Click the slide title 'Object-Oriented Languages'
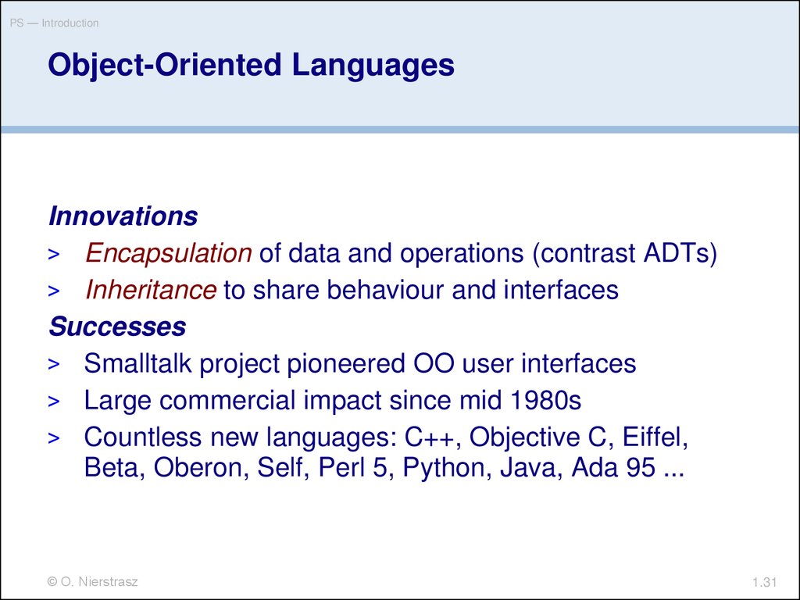click(x=251, y=66)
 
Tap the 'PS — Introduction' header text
click(x=54, y=23)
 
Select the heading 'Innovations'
click(x=123, y=216)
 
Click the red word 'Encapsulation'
click(x=169, y=253)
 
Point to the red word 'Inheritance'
click(x=151, y=290)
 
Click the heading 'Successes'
click(x=117, y=327)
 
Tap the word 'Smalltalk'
click(x=137, y=363)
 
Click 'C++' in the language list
click(x=429, y=437)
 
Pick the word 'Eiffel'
click(x=655, y=437)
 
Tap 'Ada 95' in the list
click(x=613, y=467)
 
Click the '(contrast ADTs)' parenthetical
click(x=624, y=254)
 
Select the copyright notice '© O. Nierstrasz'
click(x=92, y=581)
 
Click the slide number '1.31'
click(x=764, y=582)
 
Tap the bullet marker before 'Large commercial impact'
click(x=54, y=401)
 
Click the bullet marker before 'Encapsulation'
click(x=54, y=254)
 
